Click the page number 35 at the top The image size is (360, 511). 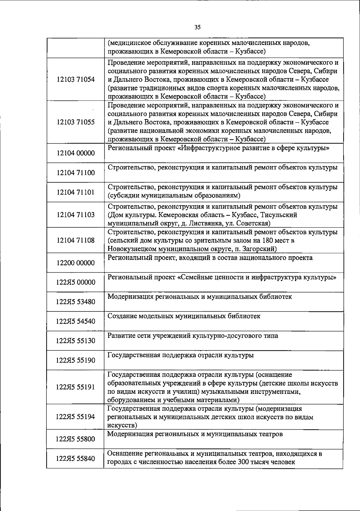[197, 27]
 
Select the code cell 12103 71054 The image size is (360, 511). [76, 80]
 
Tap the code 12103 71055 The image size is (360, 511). [76, 122]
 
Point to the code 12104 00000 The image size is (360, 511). [76, 153]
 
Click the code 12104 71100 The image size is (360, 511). [76, 173]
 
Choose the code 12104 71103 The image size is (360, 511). [76, 215]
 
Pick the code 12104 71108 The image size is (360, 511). [76, 240]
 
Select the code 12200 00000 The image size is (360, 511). [76, 263]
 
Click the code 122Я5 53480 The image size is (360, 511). [76, 302]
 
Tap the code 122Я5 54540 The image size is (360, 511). [76, 321]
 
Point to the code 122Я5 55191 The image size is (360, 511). [76, 387]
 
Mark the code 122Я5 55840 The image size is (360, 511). [76, 458]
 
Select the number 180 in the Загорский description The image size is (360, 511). [268, 240]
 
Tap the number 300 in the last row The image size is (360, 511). [244, 462]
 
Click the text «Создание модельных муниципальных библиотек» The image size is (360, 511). [184, 316]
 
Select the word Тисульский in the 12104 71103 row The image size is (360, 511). [279, 215]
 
